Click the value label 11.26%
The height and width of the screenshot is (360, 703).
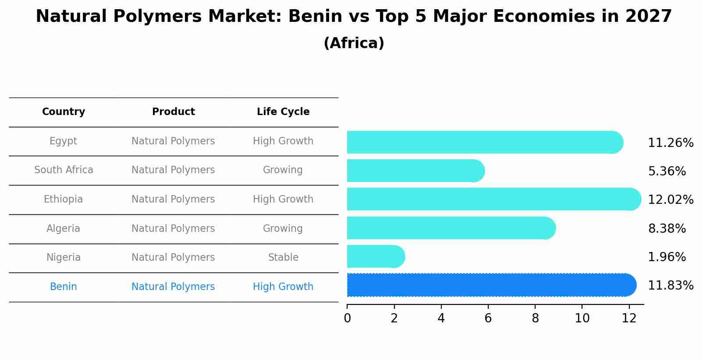(x=671, y=143)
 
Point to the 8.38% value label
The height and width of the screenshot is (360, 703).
(x=667, y=228)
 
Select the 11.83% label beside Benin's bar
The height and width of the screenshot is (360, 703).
(x=671, y=286)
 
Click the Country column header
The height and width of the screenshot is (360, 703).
(x=64, y=112)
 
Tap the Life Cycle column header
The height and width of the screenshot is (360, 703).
(x=283, y=112)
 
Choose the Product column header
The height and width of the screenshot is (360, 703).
(x=174, y=112)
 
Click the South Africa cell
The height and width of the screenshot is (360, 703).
(x=64, y=170)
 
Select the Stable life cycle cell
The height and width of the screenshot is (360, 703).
(x=283, y=258)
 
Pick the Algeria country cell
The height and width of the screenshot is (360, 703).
(x=64, y=228)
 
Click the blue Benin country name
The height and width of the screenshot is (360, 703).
(x=64, y=287)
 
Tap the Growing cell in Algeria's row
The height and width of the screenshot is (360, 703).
(x=283, y=228)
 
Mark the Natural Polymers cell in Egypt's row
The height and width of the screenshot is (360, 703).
(x=173, y=141)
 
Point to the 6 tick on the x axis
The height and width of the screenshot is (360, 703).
(x=488, y=318)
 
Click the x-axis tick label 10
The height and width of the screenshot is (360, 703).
(x=582, y=318)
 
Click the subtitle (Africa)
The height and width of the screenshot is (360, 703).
(x=354, y=43)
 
